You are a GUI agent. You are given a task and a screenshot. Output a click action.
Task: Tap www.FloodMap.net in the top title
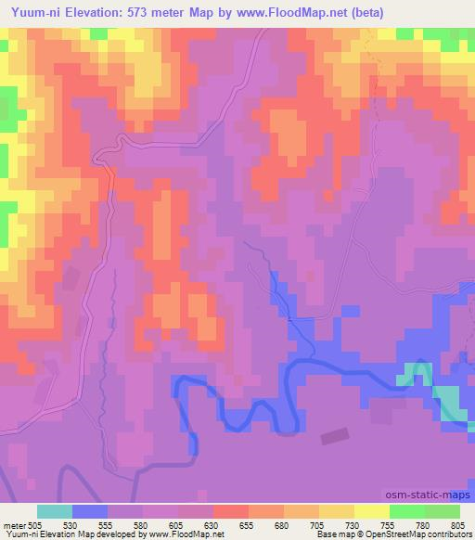click(x=295, y=11)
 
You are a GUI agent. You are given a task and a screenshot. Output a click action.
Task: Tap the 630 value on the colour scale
click(x=214, y=525)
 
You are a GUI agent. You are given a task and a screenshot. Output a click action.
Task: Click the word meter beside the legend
click(x=15, y=525)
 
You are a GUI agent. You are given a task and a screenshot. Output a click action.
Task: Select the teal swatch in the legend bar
click(x=55, y=511)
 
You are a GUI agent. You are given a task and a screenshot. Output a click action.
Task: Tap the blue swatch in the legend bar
click(x=90, y=511)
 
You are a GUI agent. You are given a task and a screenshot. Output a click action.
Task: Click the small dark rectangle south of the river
click(x=334, y=436)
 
